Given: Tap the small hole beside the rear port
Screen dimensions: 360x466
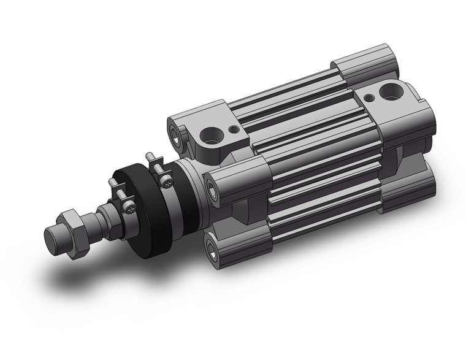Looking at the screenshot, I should [x=369, y=96].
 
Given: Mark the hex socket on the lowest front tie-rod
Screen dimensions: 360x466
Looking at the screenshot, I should [x=213, y=249].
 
